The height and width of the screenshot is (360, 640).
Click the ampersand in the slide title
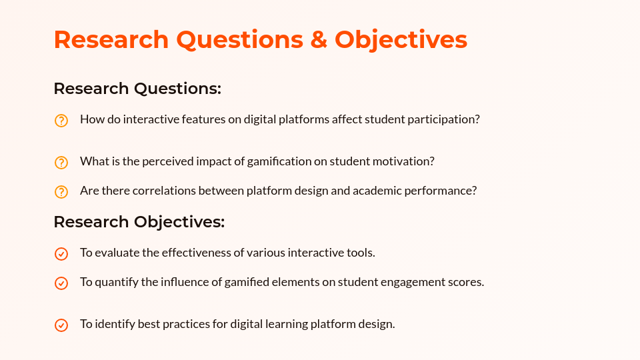(x=319, y=39)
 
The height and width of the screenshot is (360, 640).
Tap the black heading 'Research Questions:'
(x=137, y=89)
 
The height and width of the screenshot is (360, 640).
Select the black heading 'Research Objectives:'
(x=139, y=222)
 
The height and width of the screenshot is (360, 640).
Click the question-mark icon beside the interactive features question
(x=61, y=121)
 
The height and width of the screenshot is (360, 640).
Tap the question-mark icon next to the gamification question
(x=61, y=163)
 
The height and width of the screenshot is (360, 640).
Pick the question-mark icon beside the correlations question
(x=61, y=192)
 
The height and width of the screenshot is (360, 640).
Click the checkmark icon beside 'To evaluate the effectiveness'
(x=61, y=254)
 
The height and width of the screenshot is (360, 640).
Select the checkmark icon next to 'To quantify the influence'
(x=61, y=283)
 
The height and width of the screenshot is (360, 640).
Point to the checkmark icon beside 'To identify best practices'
(x=61, y=325)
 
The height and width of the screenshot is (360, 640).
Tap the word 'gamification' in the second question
(x=279, y=161)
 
